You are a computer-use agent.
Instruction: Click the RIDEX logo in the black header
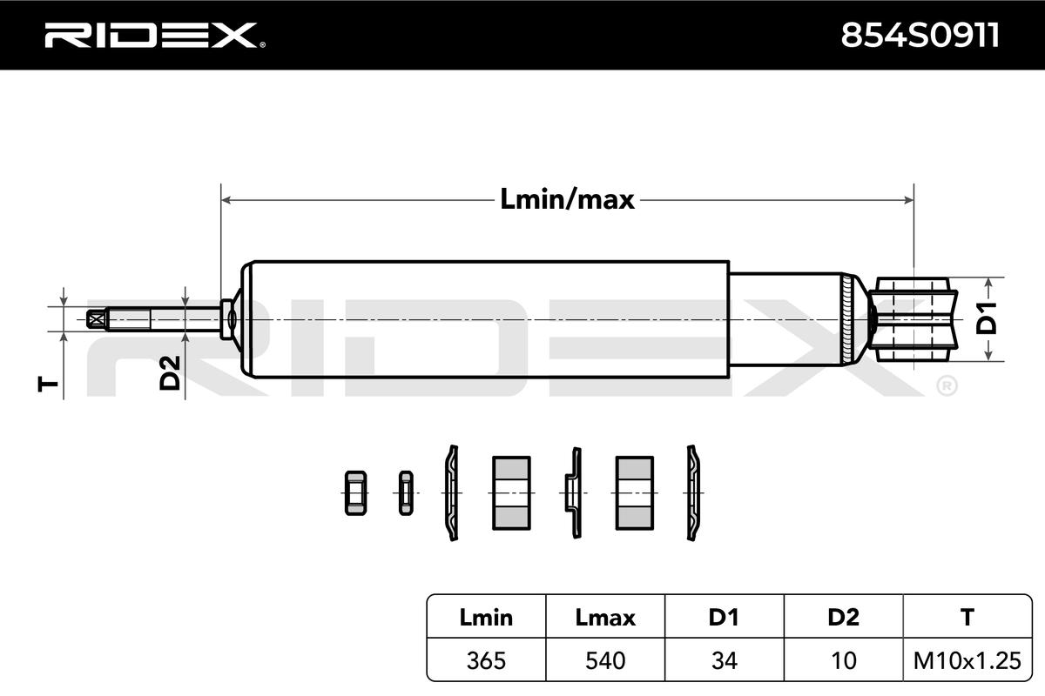click(155, 36)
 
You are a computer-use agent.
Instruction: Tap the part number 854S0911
click(920, 36)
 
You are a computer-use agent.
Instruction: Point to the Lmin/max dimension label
click(567, 199)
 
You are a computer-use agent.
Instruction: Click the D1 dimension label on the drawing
click(986, 318)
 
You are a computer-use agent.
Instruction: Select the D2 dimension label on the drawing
click(170, 373)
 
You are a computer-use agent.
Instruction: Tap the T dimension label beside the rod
click(48, 385)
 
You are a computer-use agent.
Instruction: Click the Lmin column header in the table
click(486, 618)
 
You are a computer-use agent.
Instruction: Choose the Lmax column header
click(605, 618)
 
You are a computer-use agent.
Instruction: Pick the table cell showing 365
click(486, 660)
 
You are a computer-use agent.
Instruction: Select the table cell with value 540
click(605, 660)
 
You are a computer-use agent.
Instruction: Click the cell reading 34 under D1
click(724, 660)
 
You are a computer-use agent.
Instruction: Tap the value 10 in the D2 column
click(844, 660)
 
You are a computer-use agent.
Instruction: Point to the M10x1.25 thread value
click(967, 660)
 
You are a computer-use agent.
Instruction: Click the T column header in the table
click(967, 618)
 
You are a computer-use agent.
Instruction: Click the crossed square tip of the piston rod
click(96, 319)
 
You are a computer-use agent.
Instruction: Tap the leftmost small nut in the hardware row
click(355, 492)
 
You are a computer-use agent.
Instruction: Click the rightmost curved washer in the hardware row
click(694, 492)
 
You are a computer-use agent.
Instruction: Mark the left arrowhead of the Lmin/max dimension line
click(226, 200)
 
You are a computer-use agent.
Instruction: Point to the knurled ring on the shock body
click(846, 319)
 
